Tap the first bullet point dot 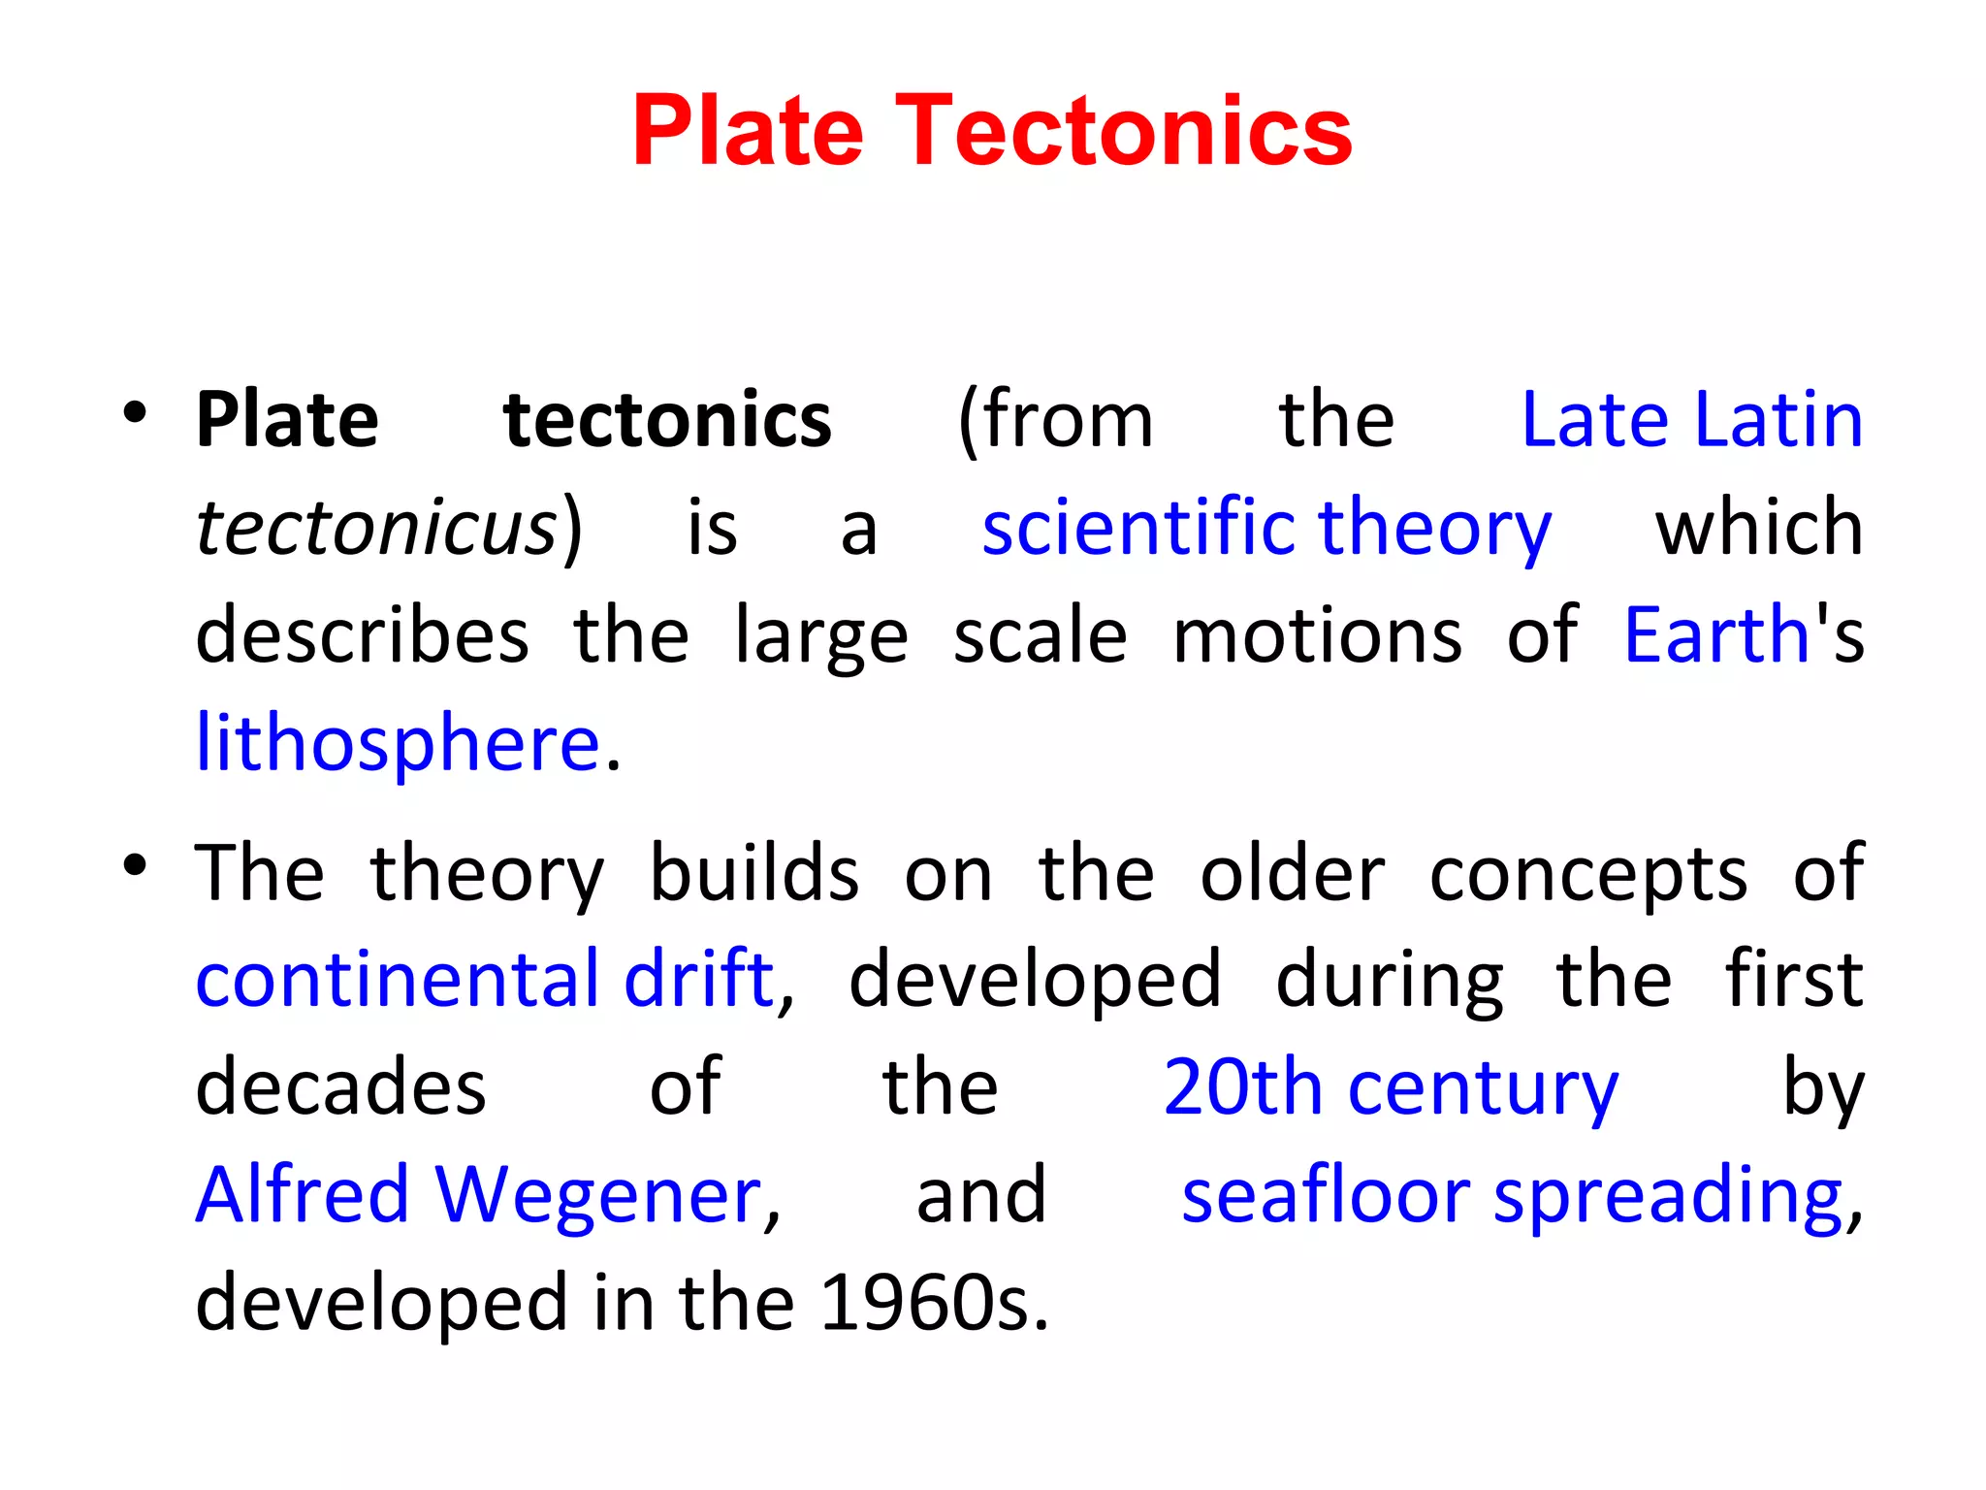135,414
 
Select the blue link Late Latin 1691,420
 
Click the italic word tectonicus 376,529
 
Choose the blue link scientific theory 1265,529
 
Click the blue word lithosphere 398,744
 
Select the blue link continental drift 485,980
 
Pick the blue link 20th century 1390,1088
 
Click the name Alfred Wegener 479,1195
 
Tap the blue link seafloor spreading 1512,1195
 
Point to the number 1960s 933,1303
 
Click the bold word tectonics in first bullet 667,420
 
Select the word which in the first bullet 1758,529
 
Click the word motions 1317,635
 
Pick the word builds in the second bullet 753,873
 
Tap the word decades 340,1088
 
